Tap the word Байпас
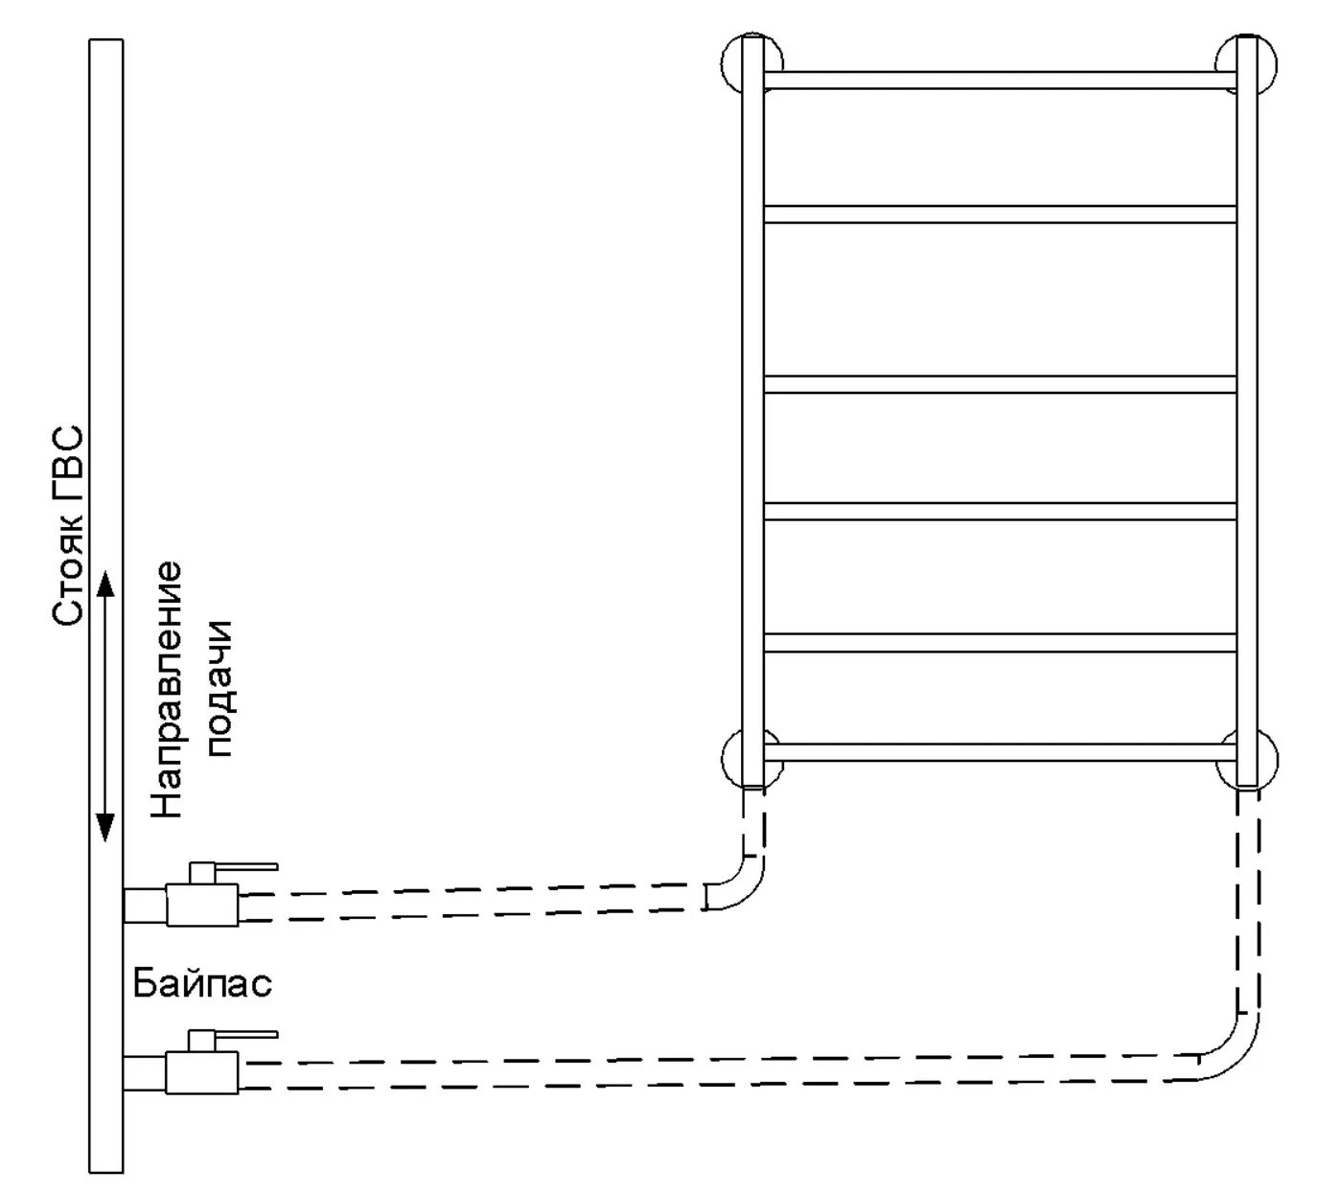click(202, 983)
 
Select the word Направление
click(166, 690)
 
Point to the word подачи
click(219, 689)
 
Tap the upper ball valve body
click(202, 905)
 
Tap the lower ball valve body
click(202, 1071)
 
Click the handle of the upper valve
click(244, 865)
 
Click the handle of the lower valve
click(244, 1034)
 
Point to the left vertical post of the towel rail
click(753, 412)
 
